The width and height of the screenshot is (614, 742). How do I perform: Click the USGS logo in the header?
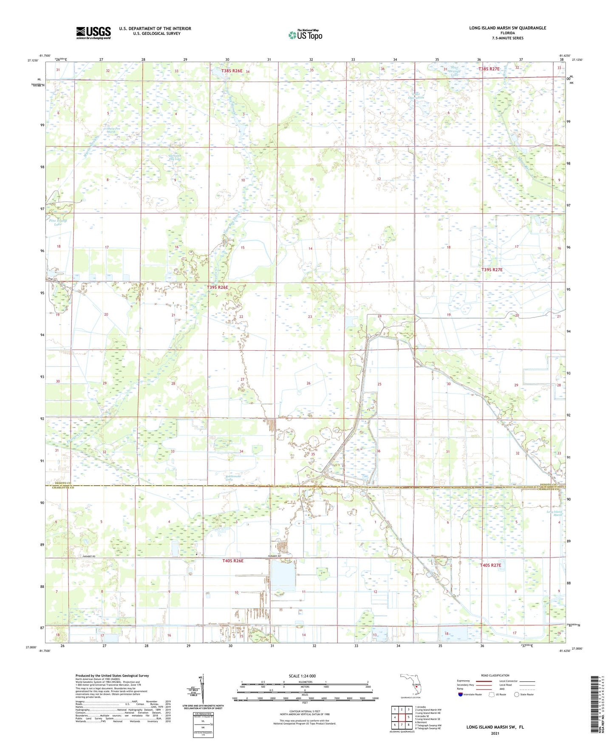(93, 33)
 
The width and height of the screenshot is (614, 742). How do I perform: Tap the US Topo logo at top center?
(305, 35)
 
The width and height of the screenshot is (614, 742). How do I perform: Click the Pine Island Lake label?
(58, 222)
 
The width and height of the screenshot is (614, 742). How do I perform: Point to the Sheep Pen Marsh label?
(111, 130)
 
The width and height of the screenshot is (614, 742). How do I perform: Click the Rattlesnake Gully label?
(233, 478)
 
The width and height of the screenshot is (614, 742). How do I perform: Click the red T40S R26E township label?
(233, 561)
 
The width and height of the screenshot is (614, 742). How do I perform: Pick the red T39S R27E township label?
(492, 270)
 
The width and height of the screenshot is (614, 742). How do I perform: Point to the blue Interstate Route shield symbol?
(461, 694)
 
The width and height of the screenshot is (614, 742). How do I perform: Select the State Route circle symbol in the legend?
(517, 694)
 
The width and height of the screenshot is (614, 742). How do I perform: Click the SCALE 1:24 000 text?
(302, 676)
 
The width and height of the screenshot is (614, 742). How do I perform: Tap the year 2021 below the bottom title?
(495, 733)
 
